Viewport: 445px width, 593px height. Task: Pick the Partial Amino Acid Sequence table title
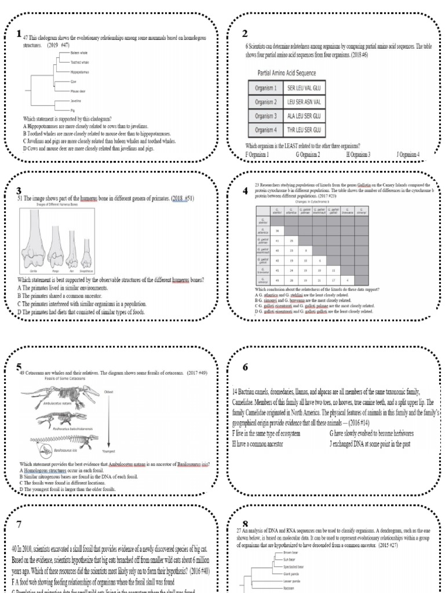[290, 73]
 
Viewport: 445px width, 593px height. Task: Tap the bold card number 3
[19, 191]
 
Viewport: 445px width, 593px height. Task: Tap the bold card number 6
[246, 368]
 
